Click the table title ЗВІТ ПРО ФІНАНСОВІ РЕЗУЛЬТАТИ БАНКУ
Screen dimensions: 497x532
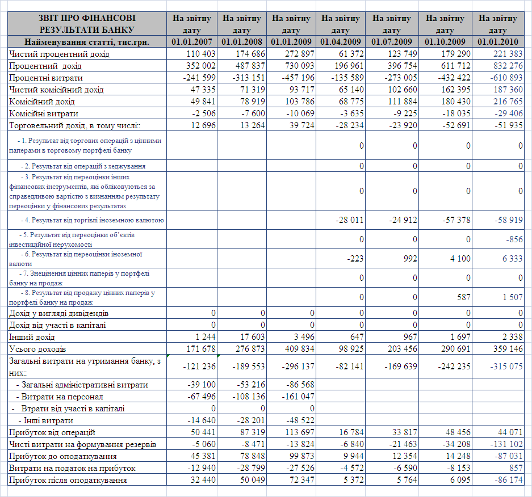point(88,23)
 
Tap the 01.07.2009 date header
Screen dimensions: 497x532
point(391,41)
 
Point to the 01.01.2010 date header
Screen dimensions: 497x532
point(498,41)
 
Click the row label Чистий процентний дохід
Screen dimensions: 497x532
point(59,54)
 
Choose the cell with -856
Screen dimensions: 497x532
point(514,239)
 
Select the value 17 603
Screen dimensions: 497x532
point(250,337)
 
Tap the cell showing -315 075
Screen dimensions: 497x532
point(505,366)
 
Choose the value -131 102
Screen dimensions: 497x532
point(505,444)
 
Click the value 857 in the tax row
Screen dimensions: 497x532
point(515,468)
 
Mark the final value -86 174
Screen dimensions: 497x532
point(507,480)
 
